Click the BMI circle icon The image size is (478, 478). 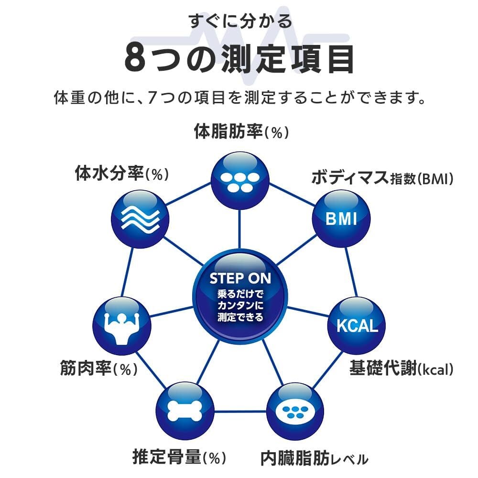tap(341, 218)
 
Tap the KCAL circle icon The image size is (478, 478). tap(357, 326)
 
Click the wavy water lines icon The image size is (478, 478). tap(140, 218)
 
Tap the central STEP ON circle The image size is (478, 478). tap(239, 296)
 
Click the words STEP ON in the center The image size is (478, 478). tap(239, 278)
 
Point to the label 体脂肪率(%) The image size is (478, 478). tap(242, 131)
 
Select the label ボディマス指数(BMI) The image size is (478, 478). tap(382, 178)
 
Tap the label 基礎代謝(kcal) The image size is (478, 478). tap(401, 368)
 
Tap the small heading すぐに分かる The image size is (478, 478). tap(239, 22)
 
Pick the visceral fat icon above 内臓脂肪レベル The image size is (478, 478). tap(294, 412)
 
